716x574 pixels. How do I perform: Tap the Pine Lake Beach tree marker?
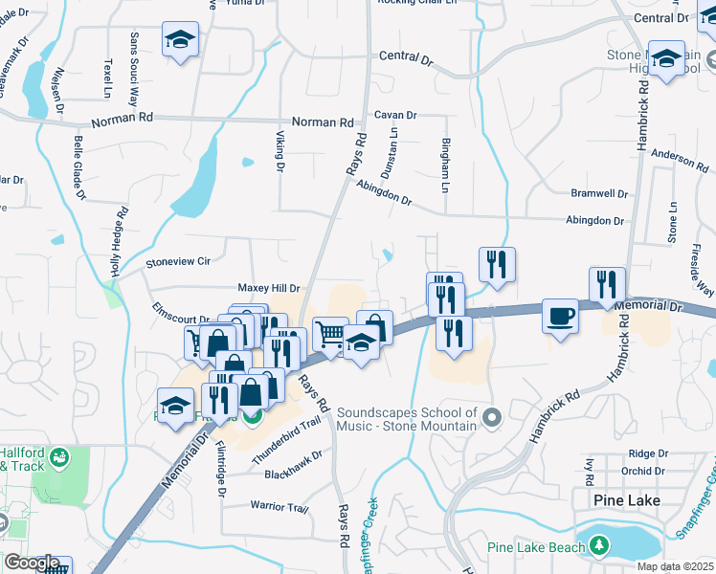pos(599,545)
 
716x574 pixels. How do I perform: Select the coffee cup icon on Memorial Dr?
pos(560,315)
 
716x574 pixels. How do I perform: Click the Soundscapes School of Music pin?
pos(492,417)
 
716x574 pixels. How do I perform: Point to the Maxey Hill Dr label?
pos(269,287)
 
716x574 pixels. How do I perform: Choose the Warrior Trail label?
pos(280,506)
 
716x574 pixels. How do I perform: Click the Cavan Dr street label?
pos(395,114)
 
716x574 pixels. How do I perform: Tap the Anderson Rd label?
pos(679,158)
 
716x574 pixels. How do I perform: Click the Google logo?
pos(32,563)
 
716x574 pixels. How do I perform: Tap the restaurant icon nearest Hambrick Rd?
pos(608,285)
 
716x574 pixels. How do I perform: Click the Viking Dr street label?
pos(280,152)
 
